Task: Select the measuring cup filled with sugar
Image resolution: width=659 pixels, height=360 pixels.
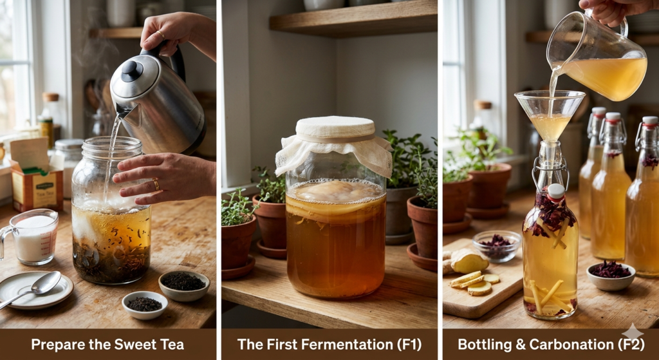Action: (x=33, y=237)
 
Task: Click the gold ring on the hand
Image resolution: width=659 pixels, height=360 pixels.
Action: (x=155, y=185)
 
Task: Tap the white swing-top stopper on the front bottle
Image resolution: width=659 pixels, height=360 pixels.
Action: (x=555, y=191)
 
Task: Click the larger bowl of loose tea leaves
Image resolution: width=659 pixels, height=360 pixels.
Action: (x=183, y=282)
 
